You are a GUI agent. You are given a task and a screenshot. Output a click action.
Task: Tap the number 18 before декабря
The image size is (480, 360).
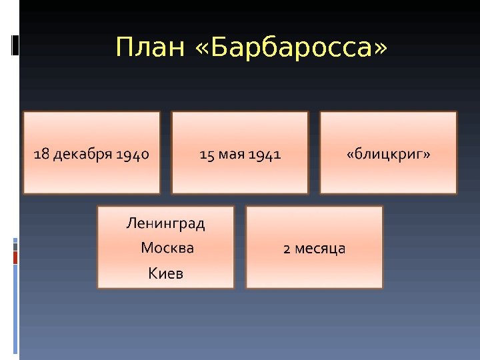41,155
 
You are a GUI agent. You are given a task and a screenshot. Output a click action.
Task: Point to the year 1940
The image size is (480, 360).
132,155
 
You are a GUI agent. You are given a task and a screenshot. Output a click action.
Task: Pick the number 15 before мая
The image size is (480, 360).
207,155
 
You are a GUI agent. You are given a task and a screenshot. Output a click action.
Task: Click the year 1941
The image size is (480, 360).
265,155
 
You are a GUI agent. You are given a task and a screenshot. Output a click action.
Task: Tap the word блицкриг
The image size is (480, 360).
389,155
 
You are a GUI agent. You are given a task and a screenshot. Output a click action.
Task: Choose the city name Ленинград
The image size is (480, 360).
166,223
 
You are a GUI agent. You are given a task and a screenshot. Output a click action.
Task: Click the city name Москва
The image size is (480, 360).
167,248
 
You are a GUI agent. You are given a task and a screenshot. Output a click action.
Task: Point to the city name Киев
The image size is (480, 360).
165,273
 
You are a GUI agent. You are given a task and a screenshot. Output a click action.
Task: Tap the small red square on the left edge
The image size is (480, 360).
15,257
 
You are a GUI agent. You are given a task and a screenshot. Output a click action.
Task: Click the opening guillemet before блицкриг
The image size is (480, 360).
350,155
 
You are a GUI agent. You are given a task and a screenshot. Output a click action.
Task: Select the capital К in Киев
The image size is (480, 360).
152,273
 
